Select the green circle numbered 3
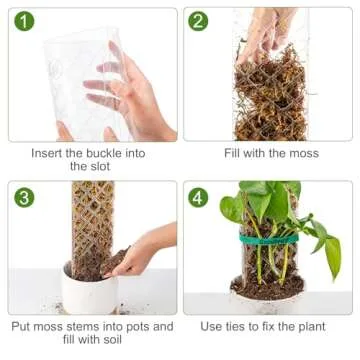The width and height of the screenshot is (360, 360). click(x=25, y=197)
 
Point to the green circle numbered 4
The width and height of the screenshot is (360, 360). click(x=199, y=197)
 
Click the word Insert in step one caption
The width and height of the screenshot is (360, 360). click(x=48, y=153)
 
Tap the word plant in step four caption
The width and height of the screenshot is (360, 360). click(x=320, y=327)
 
